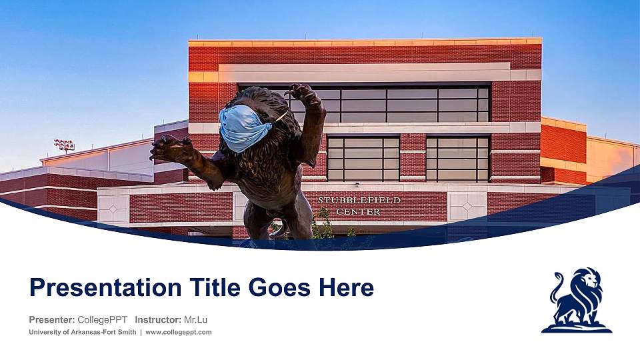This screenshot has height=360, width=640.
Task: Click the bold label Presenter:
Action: [x=51, y=319]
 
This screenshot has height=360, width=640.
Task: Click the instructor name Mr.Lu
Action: [x=195, y=319]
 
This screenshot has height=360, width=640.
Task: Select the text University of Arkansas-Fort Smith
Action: [x=83, y=332]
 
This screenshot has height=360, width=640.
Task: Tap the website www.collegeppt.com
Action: [x=179, y=332]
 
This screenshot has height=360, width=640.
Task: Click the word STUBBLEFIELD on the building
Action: [x=359, y=200]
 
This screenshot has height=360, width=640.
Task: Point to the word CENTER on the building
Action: [x=358, y=211]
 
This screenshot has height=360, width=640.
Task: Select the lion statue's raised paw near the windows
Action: [x=301, y=93]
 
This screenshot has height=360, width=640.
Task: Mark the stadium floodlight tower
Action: [x=64, y=145]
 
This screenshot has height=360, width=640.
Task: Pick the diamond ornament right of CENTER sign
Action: [x=467, y=207]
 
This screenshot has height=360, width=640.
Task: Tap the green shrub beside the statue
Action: [x=324, y=225]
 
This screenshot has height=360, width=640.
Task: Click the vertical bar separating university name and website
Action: [x=141, y=332]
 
